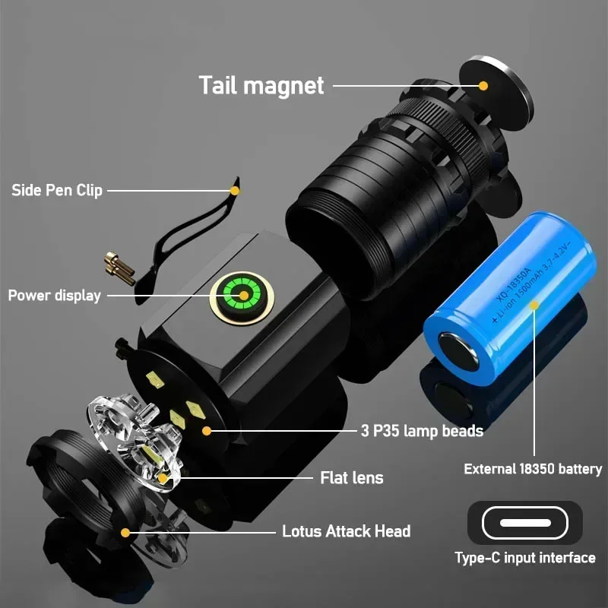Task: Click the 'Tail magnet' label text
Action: tap(261, 84)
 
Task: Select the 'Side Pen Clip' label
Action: tap(57, 190)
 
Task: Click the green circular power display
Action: tap(243, 296)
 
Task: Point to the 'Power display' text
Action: tap(55, 295)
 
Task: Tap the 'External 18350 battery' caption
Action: tap(533, 469)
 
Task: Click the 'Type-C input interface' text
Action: tap(525, 558)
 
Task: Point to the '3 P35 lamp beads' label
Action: tap(422, 431)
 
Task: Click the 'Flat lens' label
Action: tap(352, 477)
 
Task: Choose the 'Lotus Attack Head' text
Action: tap(346, 531)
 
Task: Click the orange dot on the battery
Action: tap(534, 306)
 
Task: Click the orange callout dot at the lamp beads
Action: tap(206, 430)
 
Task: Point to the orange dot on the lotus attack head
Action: tap(125, 532)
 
